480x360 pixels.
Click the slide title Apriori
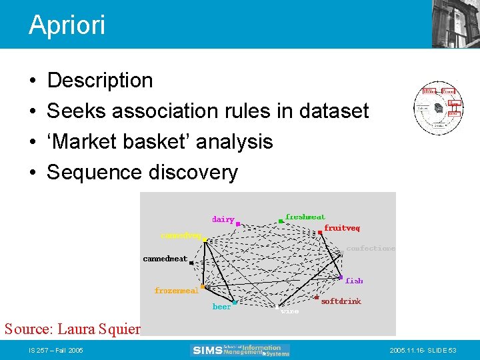tap(67, 25)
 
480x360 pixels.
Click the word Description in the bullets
tap(100, 81)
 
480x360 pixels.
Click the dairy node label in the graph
tap(223, 219)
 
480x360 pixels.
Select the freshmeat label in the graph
tap(305, 217)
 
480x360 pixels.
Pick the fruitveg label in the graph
tap(342, 228)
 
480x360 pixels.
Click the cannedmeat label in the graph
tap(165, 259)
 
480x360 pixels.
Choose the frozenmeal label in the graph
tap(176, 291)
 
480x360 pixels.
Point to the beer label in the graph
tap(221, 307)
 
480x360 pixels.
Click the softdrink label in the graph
tap(341, 301)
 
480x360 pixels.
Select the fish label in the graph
tap(354, 281)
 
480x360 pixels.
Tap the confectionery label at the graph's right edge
tap(371, 249)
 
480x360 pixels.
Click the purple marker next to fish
tap(341, 278)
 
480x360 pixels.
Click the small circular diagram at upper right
tap(437, 109)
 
